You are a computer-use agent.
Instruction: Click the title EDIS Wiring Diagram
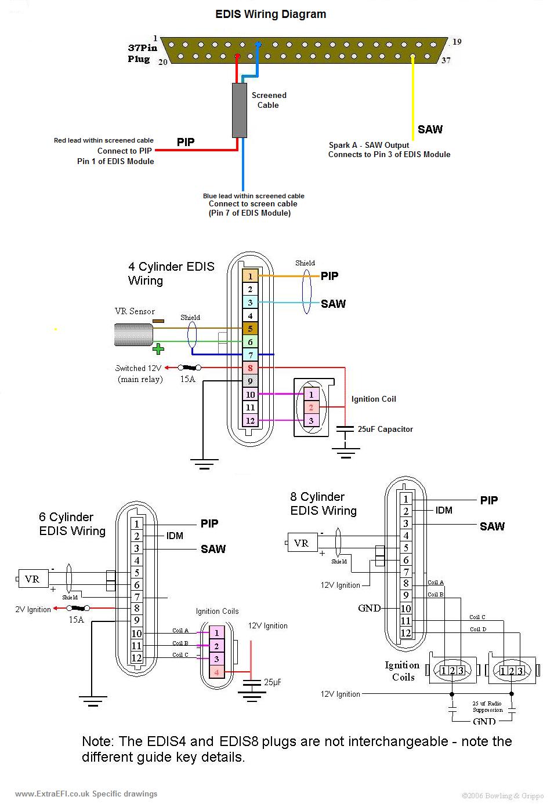pyautogui.click(x=270, y=14)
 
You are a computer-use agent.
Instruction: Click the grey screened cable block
pyautogui.click(x=239, y=110)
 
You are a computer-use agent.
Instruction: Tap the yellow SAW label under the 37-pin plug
pyautogui.click(x=430, y=129)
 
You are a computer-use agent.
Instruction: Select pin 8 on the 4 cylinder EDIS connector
pyautogui.click(x=250, y=368)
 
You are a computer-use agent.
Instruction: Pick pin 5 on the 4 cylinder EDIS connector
pyautogui.click(x=250, y=329)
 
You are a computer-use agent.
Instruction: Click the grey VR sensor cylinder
pyautogui.click(x=133, y=334)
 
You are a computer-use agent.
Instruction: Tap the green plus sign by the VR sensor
pyautogui.click(x=158, y=348)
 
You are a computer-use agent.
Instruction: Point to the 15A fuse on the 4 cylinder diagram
pyautogui.click(x=190, y=368)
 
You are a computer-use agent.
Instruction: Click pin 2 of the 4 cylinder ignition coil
pyautogui.click(x=311, y=408)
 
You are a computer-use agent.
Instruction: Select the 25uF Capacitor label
pyautogui.click(x=385, y=430)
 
